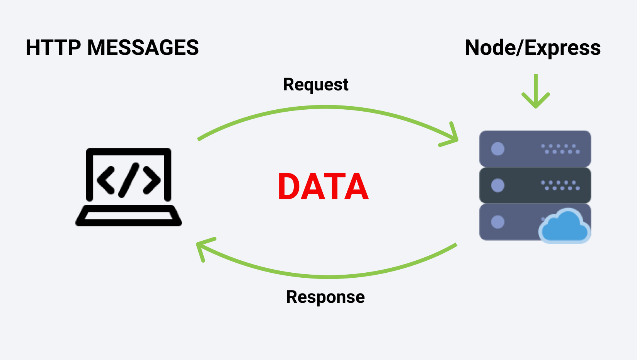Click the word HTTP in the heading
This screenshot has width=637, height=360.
pyautogui.click(x=53, y=48)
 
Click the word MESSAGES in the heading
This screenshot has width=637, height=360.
pyautogui.click(x=143, y=48)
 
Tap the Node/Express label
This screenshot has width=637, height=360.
pyautogui.click(x=533, y=48)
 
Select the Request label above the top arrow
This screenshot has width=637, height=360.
pyautogui.click(x=316, y=85)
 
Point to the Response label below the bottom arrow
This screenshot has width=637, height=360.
pyautogui.click(x=325, y=297)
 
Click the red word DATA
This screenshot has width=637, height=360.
pyautogui.click(x=323, y=187)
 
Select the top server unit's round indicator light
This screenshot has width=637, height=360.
pyautogui.click(x=497, y=149)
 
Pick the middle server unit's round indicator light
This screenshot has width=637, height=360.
pyautogui.click(x=497, y=185)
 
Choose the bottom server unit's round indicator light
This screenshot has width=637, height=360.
pyautogui.click(x=497, y=222)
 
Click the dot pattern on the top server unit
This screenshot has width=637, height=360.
pyautogui.click(x=560, y=149)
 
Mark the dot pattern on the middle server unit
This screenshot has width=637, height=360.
pyautogui.click(x=560, y=185)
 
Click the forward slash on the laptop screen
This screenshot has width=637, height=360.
pyautogui.click(x=129, y=180)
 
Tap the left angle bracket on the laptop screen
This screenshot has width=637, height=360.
pyautogui.click(x=106, y=180)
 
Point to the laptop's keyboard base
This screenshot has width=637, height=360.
pyautogui.click(x=129, y=216)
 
